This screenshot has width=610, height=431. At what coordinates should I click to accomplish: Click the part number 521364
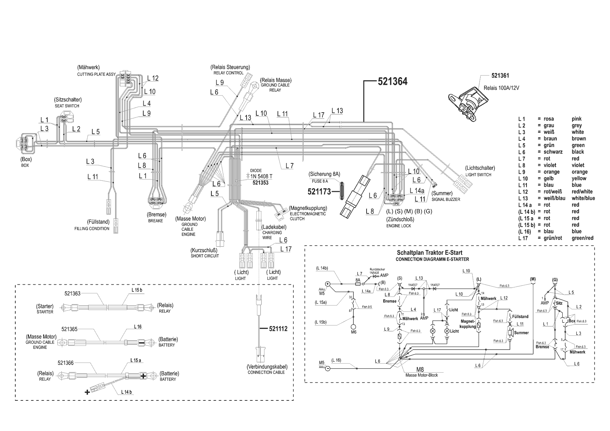[392, 82]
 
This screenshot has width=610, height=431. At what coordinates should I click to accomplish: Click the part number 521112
[278, 328]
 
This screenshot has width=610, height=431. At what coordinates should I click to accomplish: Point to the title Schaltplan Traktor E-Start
[430, 253]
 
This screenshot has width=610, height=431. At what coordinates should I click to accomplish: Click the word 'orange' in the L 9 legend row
[579, 172]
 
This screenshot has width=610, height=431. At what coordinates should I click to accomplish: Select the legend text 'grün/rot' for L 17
[553, 238]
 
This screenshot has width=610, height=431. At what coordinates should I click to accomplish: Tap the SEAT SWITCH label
[67, 106]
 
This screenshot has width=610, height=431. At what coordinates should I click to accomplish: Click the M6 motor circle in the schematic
[353, 327]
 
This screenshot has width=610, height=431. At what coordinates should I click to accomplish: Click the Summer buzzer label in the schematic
[521, 333]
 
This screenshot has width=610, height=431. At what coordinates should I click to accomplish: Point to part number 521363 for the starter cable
[72, 293]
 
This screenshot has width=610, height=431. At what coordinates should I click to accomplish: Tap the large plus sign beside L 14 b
[87, 392]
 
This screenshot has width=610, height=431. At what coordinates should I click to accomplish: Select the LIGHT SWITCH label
[478, 174]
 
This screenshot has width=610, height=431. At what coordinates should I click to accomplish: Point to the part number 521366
[66, 363]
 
